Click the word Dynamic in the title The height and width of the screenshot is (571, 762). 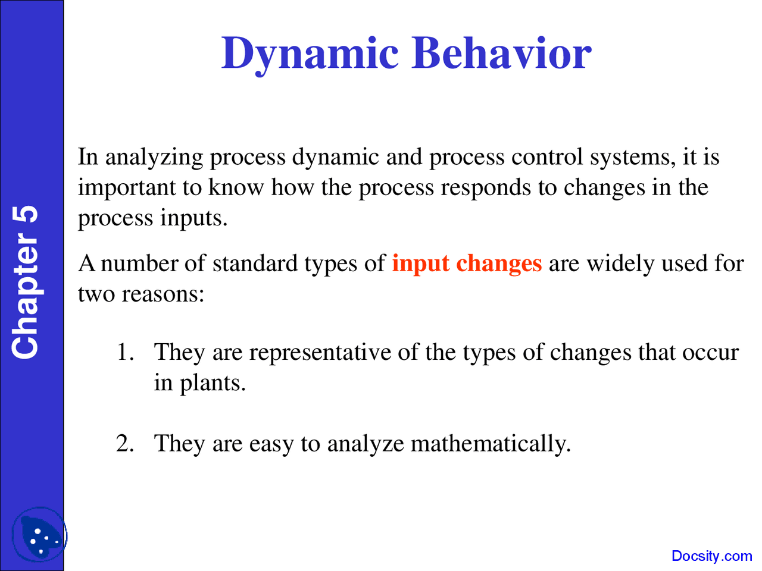(310, 54)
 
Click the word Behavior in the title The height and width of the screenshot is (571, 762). (501, 53)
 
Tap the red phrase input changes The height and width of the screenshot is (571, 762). (467, 264)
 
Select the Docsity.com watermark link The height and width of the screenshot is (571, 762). (711, 556)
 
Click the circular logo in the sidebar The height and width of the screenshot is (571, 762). (39, 535)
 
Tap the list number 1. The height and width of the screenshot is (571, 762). (126, 352)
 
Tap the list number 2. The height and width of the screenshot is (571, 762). (125, 443)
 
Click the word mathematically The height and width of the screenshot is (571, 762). (491, 444)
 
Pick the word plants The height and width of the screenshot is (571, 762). (213, 383)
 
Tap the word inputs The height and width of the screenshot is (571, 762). (193, 219)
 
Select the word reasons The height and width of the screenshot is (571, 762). (163, 295)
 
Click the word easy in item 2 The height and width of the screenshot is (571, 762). (271, 445)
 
